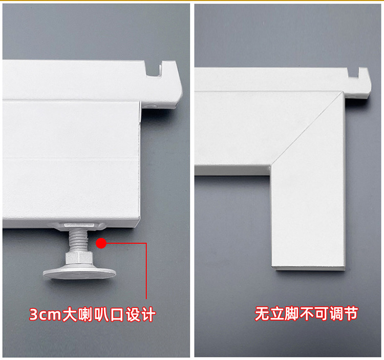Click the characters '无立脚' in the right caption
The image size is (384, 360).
(277, 313)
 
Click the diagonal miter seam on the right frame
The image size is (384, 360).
(307, 131)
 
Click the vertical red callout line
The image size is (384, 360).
(147, 271)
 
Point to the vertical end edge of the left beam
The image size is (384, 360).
(139, 164)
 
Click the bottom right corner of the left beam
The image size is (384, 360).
(137, 227)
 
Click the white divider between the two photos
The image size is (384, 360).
(192, 179)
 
